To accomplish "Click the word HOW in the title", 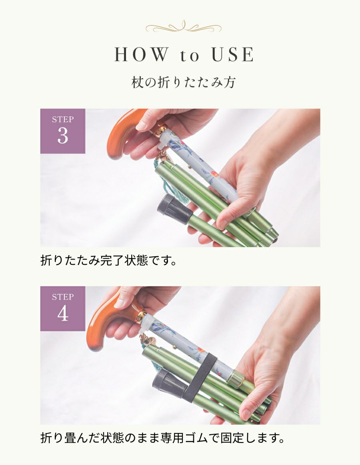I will pyautogui.click(x=140, y=55).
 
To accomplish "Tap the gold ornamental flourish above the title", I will pyautogui.click(x=183, y=28).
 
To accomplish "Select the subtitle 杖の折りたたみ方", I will pyautogui.click(x=184, y=82).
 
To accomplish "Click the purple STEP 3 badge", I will pyautogui.click(x=63, y=131).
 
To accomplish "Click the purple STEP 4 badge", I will pyautogui.click(x=63, y=308).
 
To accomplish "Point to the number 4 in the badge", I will pyautogui.click(x=63, y=314).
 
